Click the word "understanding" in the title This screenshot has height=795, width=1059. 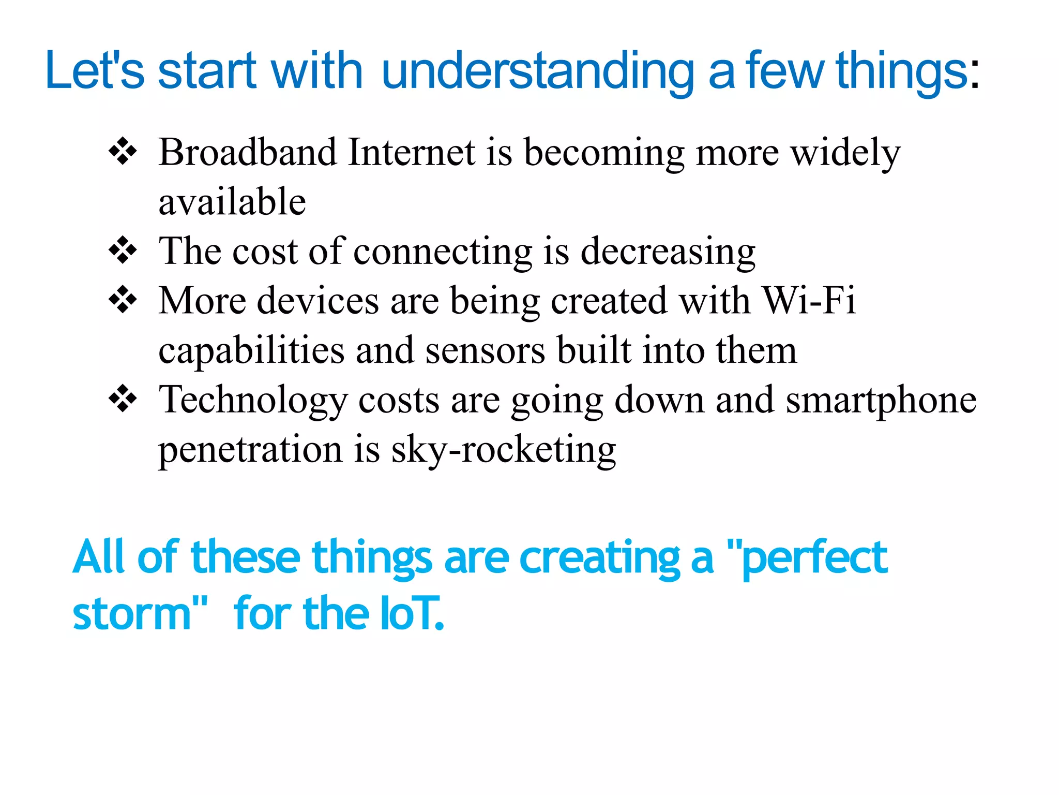(538, 71)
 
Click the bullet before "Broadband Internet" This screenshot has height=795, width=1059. (123, 152)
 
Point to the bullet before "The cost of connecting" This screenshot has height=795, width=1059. (123, 251)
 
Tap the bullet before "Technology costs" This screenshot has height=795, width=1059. (123, 399)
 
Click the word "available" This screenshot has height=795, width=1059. (232, 202)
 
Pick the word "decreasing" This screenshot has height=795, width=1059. (668, 252)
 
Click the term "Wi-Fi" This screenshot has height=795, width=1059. (809, 300)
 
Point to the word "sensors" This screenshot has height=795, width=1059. (485, 350)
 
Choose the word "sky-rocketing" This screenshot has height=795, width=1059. (503, 450)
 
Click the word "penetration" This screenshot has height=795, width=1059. (250, 450)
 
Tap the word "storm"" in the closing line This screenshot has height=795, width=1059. (140, 614)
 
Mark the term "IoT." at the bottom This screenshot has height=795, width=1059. (412, 614)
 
